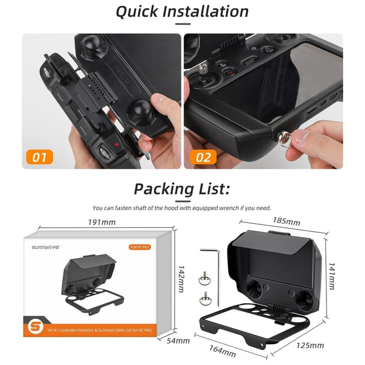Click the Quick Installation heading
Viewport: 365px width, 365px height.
click(x=182, y=11)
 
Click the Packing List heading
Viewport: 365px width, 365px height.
click(x=182, y=188)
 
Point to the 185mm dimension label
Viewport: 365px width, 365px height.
click(x=286, y=221)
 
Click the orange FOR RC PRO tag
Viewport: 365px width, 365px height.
click(x=140, y=247)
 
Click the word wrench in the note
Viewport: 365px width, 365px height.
click(x=241, y=208)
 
